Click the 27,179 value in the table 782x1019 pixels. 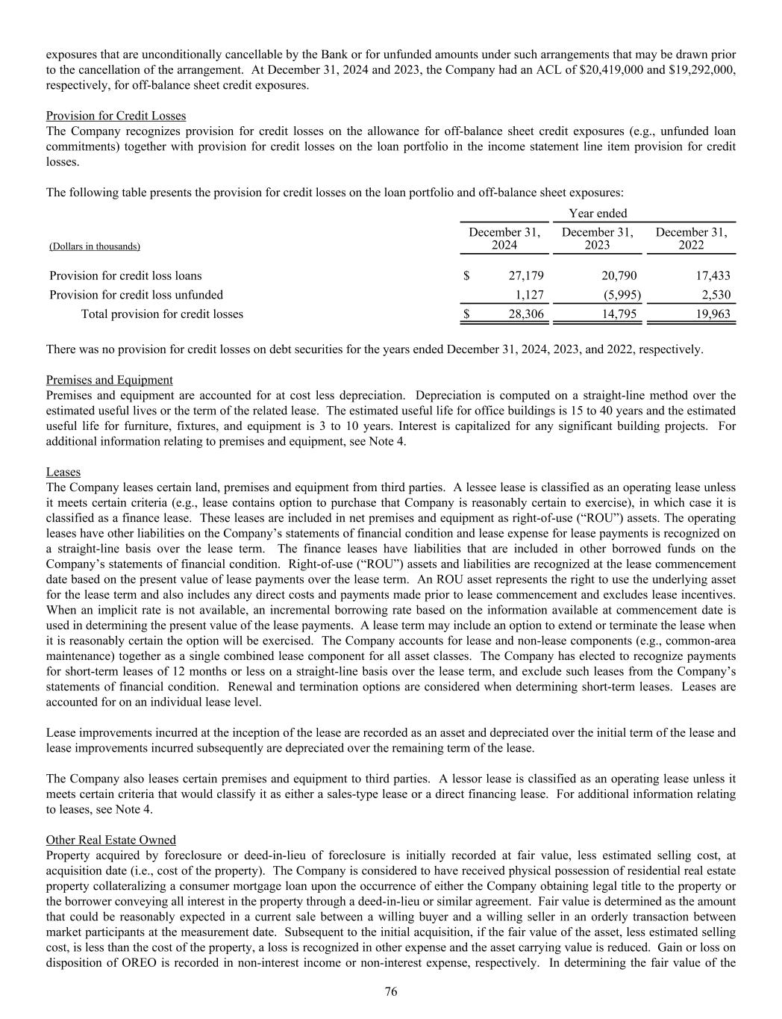tap(526, 275)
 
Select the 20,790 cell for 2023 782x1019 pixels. tap(619, 275)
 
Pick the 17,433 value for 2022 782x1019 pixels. tap(712, 275)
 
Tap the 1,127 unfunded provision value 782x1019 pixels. tap(530, 295)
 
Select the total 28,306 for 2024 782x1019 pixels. tap(526, 314)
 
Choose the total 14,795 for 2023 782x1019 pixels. tap(619, 314)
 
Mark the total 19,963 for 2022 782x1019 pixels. tap(712, 314)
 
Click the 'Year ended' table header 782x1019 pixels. tap(598, 214)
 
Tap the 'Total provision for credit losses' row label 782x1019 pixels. tap(162, 314)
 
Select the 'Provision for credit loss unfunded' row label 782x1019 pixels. tap(136, 295)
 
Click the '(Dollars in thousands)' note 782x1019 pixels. tap(95, 246)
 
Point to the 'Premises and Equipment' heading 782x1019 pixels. tap(109, 380)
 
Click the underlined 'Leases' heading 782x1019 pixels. tap(63, 473)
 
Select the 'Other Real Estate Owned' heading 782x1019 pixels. tap(111, 840)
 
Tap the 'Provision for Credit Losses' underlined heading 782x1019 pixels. tap(116, 116)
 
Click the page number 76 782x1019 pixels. tap(391, 991)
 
